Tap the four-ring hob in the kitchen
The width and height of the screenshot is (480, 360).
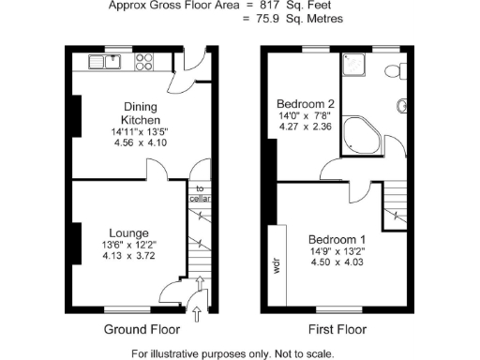(146, 62)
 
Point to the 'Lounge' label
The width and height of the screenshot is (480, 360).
(127, 232)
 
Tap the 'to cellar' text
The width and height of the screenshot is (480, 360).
(200, 194)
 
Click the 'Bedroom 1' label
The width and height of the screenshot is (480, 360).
(337, 238)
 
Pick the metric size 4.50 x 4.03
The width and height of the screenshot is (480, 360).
(337, 263)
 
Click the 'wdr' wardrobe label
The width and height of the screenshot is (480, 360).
(277, 263)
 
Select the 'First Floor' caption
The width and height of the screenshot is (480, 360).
(337, 329)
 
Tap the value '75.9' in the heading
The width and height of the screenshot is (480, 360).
(275, 19)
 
